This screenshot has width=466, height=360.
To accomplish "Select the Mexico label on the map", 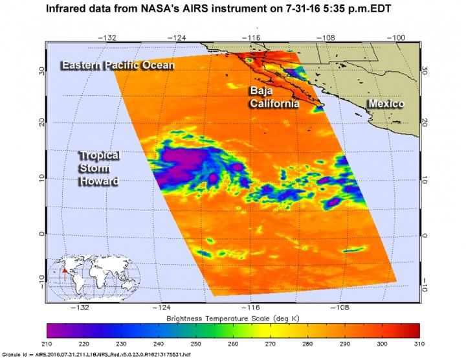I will pyautogui.click(x=386, y=104).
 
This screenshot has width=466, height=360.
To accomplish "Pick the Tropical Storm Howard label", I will pyautogui.click(x=99, y=168).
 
